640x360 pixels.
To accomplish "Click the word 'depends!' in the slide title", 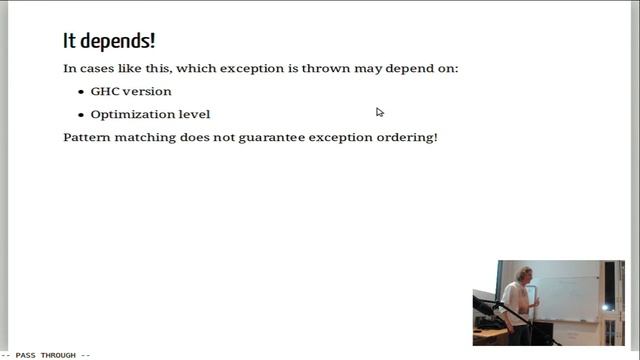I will click(122, 42).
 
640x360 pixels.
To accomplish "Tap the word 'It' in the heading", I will click(70, 41).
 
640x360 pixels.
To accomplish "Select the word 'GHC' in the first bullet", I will click(104, 91).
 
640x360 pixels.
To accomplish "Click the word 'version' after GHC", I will click(147, 91).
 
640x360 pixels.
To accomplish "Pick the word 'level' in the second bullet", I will click(194, 114).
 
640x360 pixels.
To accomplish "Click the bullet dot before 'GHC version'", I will click(80, 91).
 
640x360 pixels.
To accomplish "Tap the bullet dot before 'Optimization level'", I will click(80, 114).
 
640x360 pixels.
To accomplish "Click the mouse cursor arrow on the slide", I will click(380, 112).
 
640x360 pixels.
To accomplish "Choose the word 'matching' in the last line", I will click(147, 137).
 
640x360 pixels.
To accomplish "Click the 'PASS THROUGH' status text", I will click(46, 355).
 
